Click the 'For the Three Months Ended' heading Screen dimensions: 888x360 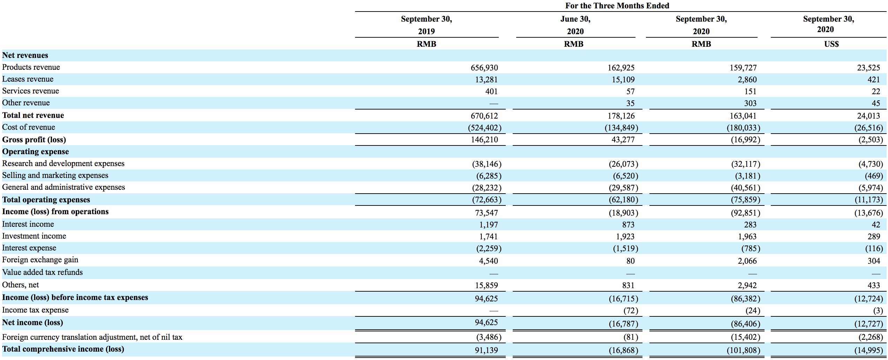tap(617, 6)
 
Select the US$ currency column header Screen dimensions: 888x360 tap(831, 44)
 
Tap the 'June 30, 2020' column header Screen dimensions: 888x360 tap(575, 25)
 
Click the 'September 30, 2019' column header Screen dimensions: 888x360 tap(427, 25)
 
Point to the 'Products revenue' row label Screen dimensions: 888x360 tap(31, 67)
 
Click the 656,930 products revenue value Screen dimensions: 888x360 tap(484, 68)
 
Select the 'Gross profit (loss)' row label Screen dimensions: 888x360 tap(34, 140)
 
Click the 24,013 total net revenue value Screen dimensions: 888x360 tap(869, 116)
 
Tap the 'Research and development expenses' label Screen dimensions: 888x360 tap(63, 163)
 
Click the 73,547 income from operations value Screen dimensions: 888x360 tap(487, 213)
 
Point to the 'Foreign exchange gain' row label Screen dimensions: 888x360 tap(40, 260)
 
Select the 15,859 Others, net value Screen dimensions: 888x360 tap(487, 285)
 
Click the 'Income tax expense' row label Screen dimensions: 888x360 tap(35, 310)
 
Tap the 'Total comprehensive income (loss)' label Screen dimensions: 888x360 tap(63, 349)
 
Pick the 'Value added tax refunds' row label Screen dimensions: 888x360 tap(43, 272)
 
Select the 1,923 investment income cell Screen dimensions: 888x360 tap(625, 237)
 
